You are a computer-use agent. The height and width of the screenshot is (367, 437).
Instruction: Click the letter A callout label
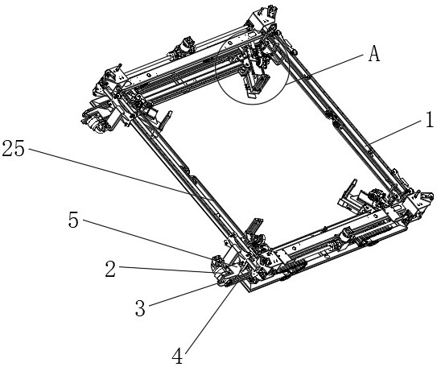373,53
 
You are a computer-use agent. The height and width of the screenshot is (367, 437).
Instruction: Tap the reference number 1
430,119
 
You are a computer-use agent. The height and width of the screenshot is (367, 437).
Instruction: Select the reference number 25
14,148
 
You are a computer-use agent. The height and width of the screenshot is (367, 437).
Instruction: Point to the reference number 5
73,221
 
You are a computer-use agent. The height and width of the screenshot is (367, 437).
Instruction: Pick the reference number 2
110,269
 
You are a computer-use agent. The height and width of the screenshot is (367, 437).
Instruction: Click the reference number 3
140,308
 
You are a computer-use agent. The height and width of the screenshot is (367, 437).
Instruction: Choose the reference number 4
177,356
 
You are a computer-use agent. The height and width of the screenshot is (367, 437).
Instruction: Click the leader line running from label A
324,69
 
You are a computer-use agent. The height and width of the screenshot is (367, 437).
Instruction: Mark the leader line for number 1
396,131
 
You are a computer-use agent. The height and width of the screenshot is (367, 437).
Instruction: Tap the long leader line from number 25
121,175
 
